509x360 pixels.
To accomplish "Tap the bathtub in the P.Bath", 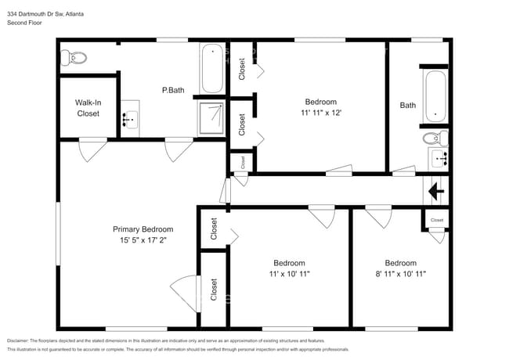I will click(x=212, y=70).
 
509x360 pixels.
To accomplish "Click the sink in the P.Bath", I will click(x=130, y=119).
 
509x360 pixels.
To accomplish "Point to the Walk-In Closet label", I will click(x=87, y=108).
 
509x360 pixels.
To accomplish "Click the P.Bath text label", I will click(x=172, y=91).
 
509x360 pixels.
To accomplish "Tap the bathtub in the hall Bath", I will click(x=435, y=96).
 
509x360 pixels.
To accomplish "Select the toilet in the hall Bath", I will click(x=434, y=139).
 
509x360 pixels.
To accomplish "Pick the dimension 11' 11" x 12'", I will click(x=320, y=113).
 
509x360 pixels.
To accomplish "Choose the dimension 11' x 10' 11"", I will click(x=289, y=274).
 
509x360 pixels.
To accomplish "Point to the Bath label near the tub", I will click(x=408, y=106).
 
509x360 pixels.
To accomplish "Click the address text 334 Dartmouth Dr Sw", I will click(x=39, y=14).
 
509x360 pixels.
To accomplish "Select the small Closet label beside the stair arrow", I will click(x=437, y=221).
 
